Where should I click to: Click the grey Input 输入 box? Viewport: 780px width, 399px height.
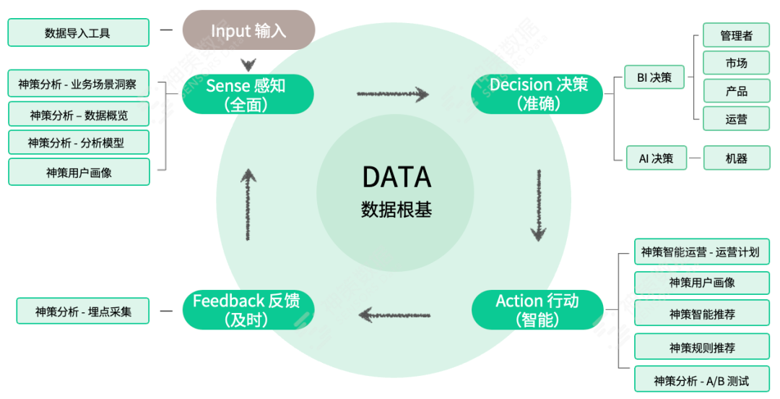(248, 30)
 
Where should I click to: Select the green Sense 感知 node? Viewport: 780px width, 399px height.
(247, 94)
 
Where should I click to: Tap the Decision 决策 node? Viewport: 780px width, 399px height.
(538, 94)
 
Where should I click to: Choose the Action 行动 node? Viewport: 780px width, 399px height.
(537, 309)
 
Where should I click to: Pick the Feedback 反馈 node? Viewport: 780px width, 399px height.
(246, 309)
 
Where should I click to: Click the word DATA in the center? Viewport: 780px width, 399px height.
(396, 177)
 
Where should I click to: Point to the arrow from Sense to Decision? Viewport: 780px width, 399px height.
(393, 94)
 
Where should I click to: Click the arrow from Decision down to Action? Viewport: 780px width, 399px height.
(538, 205)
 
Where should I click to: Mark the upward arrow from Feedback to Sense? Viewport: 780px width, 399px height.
(248, 204)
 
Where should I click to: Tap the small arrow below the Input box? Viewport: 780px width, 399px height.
(248, 64)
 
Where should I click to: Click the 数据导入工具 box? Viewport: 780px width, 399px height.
(78, 33)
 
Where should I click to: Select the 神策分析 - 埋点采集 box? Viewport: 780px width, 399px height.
(82, 312)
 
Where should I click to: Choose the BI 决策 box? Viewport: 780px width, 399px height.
(655, 77)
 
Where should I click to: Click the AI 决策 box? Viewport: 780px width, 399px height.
(655, 158)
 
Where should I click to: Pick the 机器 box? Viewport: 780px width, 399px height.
(736, 158)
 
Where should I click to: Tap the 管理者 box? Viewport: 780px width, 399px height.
(736, 35)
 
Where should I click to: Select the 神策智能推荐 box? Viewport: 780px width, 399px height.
(701, 314)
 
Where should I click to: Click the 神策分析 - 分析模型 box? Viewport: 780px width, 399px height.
(78, 142)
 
